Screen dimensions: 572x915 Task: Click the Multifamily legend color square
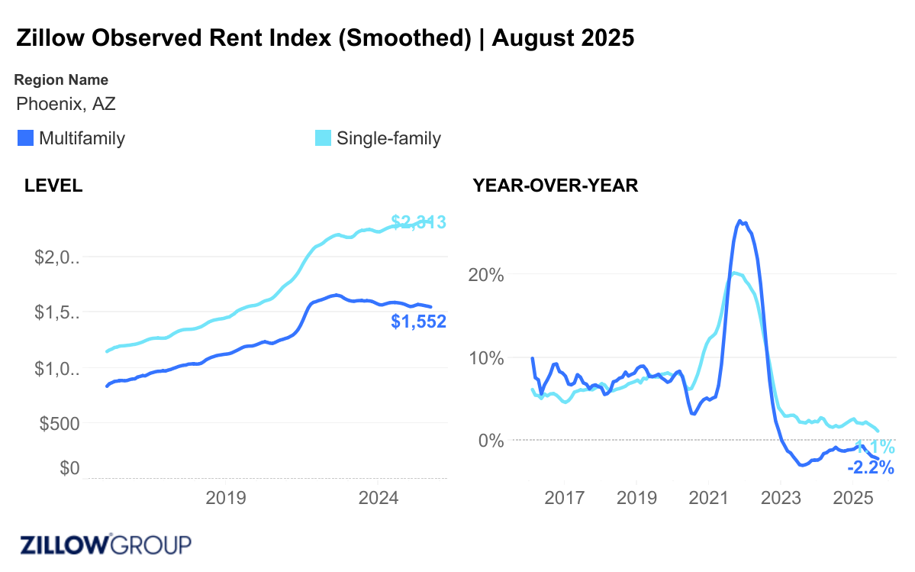pyautogui.click(x=25, y=138)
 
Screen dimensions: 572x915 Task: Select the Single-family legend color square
pyautogui.click(x=324, y=138)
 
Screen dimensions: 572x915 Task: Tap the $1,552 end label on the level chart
pyautogui.click(x=418, y=322)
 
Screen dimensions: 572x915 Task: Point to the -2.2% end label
pyautogui.click(x=871, y=467)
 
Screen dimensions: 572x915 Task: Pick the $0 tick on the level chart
pyautogui.click(x=69, y=468)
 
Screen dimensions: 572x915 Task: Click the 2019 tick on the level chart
pyautogui.click(x=226, y=499)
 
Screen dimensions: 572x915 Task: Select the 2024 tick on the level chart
pyautogui.click(x=379, y=499)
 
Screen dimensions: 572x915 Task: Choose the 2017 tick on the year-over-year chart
pyautogui.click(x=565, y=499)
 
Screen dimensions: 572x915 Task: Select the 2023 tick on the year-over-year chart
pyautogui.click(x=780, y=499)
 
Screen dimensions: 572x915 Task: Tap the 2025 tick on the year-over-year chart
pyautogui.click(x=852, y=499)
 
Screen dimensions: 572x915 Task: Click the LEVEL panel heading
pyautogui.click(x=53, y=186)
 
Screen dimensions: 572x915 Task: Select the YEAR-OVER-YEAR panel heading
pyautogui.click(x=556, y=186)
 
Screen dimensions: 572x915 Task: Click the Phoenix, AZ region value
pyautogui.click(x=66, y=104)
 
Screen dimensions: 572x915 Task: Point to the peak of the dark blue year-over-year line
pyautogui.click(x=739, y=221)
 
